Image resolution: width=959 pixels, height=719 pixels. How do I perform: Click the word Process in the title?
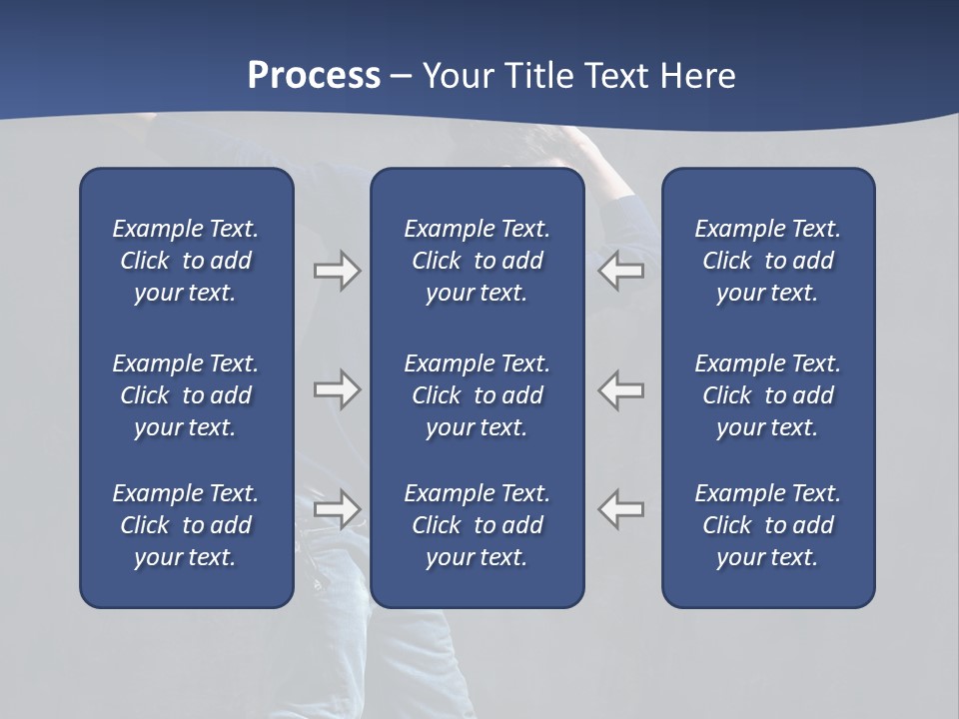coord(314,76)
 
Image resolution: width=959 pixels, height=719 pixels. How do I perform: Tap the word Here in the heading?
coord(698,76)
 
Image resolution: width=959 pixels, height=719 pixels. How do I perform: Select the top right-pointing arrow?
coord(337,271)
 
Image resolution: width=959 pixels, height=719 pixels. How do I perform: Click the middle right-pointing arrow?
coord(337,389)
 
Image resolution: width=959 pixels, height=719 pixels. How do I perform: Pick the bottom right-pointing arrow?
coord(337,509)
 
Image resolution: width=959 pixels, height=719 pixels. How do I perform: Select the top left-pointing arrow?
coord(621,271)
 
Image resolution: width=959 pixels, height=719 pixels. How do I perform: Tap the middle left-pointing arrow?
coord(621,389)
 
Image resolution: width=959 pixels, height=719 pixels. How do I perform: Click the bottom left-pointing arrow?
coord(621,509)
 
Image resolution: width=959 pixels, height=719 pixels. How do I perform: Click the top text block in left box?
coord(186,261)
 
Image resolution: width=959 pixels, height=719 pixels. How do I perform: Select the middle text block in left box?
coord(186,395)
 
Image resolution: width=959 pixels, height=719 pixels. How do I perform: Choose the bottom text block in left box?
coord(186,525)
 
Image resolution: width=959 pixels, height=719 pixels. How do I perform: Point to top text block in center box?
coord(477,261)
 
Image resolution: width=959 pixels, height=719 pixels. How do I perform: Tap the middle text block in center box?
coord(477,395)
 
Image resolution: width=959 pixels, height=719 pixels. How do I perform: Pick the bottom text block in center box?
coord(477,525)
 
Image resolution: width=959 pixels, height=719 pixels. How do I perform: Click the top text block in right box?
coord(767,261)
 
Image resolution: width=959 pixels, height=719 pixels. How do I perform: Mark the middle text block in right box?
coord(767,395)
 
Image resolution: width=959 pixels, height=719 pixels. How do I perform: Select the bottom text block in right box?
coord(767,525)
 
